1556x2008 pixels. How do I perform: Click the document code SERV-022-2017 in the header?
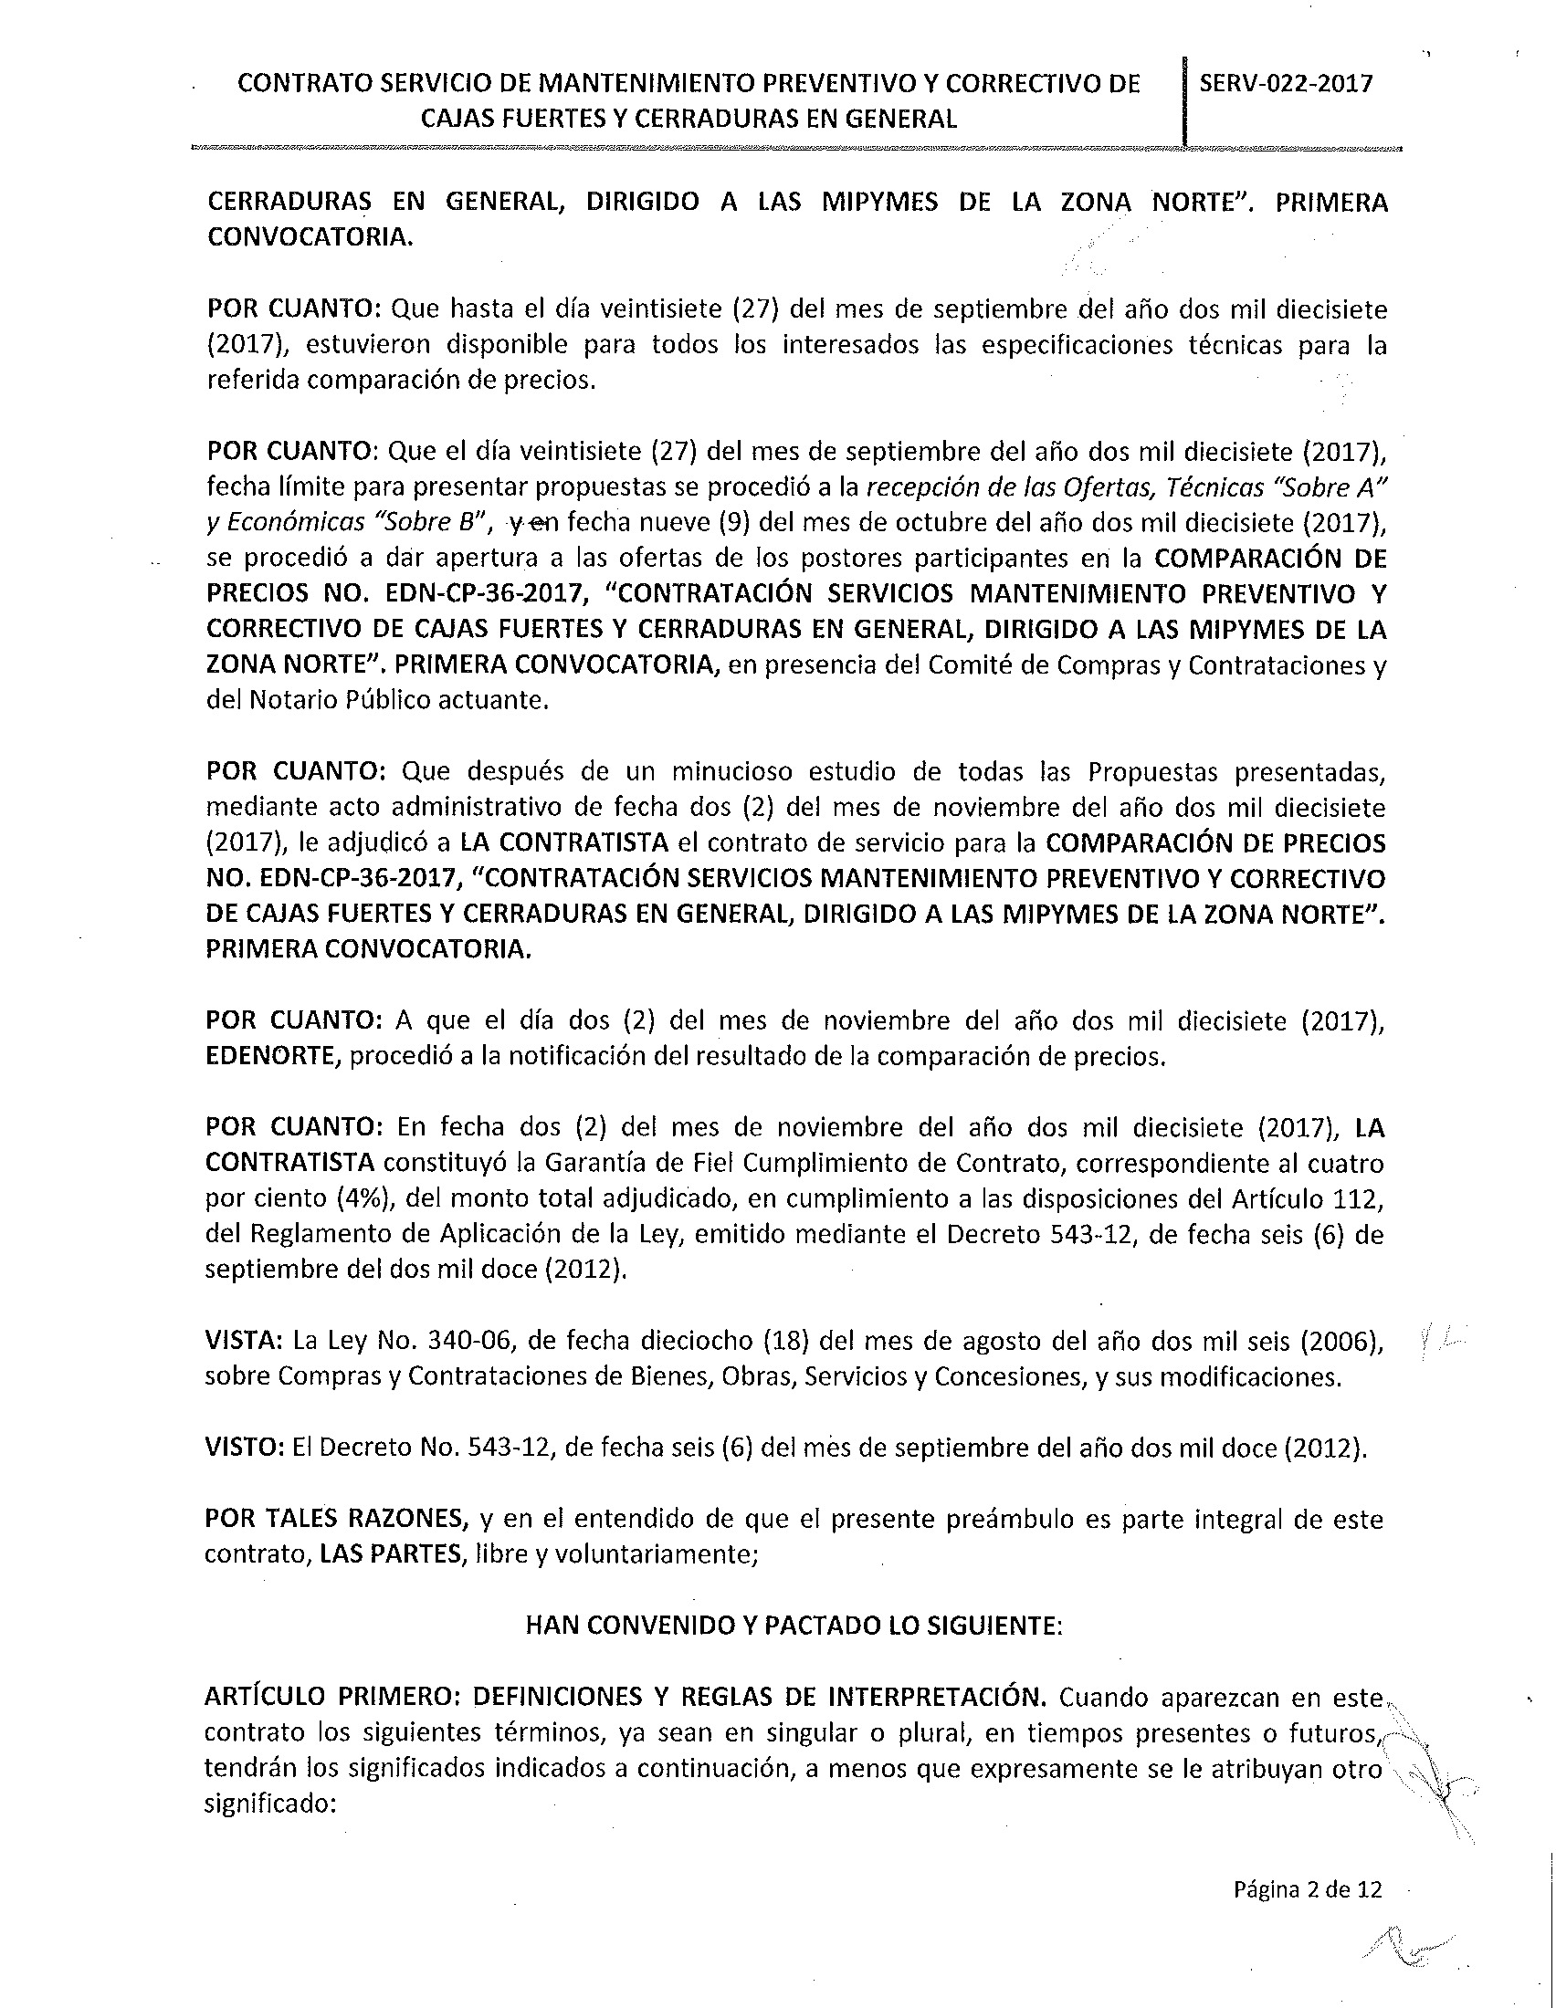[x=1286, y=84]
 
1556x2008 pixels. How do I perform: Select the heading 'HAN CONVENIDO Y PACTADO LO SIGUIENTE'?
[x=793, y=1625]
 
